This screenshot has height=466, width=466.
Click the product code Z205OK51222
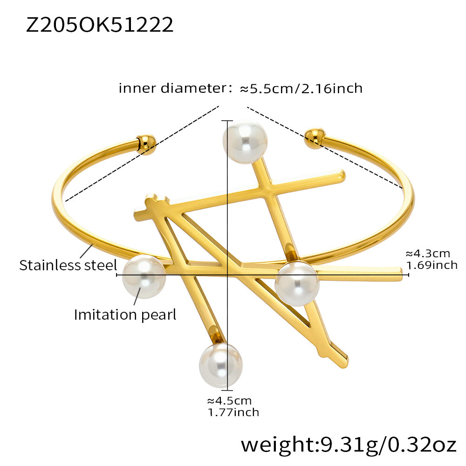click(x=100, y=25)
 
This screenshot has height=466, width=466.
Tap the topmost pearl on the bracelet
click(x=245, y=141)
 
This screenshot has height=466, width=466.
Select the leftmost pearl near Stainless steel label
click(x=144, y=277)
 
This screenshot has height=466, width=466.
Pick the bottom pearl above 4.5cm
click(x=221, y=365)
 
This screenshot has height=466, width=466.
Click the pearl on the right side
click(x=297, y=283)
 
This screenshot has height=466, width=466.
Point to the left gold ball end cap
click(x=146, y=144)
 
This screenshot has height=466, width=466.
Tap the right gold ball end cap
click(x=315, y=138)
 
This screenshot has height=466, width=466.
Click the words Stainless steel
click(x=68, y=266)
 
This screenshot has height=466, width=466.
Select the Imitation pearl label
click(x=125, y=315)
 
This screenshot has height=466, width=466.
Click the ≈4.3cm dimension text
click(x=428, y=254)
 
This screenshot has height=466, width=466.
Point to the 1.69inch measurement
click(x=432, y=266)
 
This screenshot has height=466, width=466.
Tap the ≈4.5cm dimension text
click(x=229, y=401)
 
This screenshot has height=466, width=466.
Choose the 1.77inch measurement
click(x=233, y=412)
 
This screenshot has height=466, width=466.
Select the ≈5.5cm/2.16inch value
click(x=301, y=88)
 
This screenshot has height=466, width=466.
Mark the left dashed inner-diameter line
click(x=142, y=154)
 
